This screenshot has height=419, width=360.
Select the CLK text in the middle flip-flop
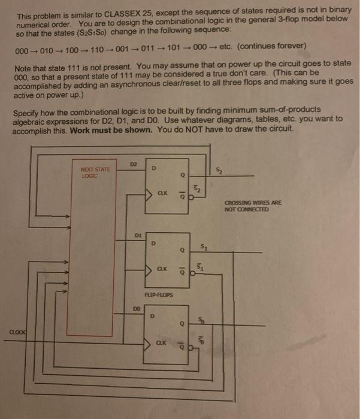tap(162, 268)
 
